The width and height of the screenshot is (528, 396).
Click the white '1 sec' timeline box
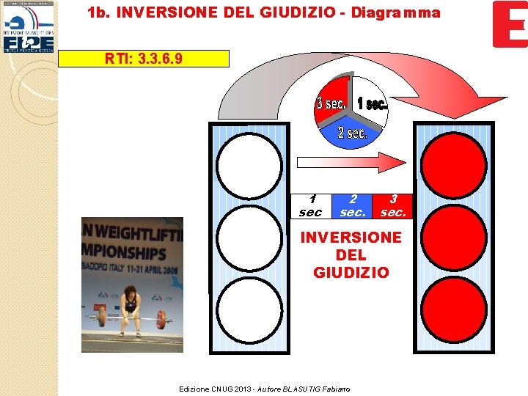(x=311, y=206)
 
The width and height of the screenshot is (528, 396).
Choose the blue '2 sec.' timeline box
(x=353, y=206)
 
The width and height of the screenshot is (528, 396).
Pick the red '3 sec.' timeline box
(x=393, y=206)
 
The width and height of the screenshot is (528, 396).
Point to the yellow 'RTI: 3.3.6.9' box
(x=144, y=59)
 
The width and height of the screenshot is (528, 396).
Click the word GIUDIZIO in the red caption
(x=351, y=273)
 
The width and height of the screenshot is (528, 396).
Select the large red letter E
(x=509, y=24)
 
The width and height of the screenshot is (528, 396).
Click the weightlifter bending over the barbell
(x=131, y=304)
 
